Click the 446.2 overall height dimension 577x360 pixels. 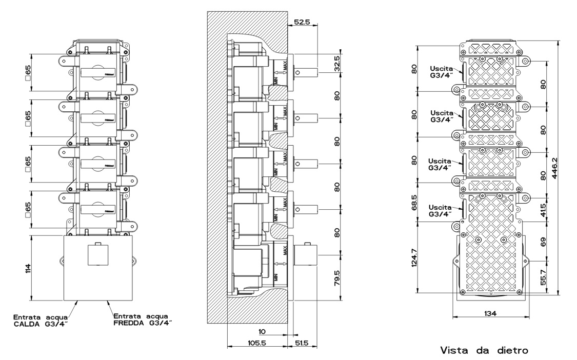point(563,168)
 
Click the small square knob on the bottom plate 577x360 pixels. point(98,254)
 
